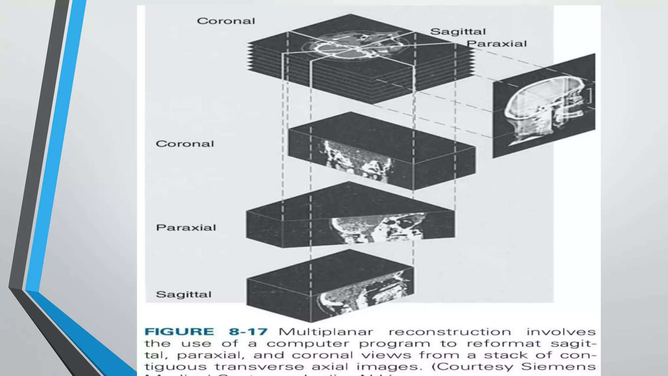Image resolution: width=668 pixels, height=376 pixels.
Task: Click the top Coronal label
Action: coord(226,21)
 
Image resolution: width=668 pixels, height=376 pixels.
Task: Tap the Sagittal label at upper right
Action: coord(458,32)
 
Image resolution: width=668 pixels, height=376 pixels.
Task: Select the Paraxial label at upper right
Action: coord(496,44)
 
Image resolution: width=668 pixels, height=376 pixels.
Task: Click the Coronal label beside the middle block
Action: coord(185,144)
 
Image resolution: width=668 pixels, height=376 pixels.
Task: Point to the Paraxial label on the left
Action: coord(186,227)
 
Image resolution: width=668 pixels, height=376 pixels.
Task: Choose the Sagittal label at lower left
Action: coord(184,294)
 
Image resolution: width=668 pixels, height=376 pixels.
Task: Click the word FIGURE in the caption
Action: coord(179,332)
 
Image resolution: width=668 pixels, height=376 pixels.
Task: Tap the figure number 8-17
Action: coord(248,332)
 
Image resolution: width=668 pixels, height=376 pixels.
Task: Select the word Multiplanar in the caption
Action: coord(326,332)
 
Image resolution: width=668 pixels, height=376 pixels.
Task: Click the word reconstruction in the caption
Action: coord(450,332)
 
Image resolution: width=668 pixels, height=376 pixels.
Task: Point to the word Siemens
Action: coord(558,367)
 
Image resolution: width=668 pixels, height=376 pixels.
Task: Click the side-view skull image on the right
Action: coord(544,106)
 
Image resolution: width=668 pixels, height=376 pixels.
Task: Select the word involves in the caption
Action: coord(561,332)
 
